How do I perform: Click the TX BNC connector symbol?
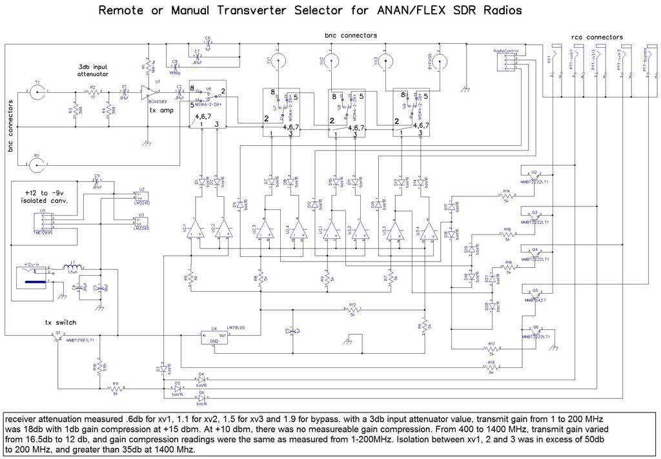point(37,92)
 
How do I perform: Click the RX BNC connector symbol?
point(37,165)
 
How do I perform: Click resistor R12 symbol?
point(352,309)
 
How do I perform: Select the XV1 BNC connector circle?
point(278,62)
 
